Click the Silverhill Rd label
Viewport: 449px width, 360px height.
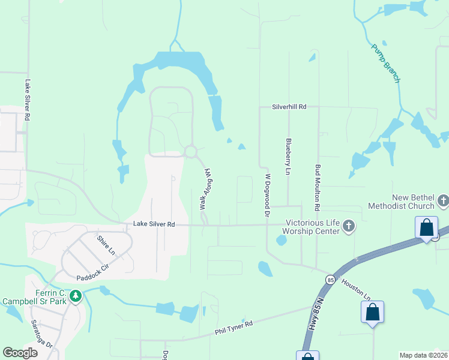click(x=289, y=107)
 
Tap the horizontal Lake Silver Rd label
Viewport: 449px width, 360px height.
click(x=154, y=224)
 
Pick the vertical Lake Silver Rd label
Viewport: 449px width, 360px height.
click(x=27, y=101)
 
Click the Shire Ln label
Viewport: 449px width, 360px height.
click(x=106, y=245)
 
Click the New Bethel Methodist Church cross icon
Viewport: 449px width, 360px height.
click(x=443, y=200)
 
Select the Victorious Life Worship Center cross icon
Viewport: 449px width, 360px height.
click(x=349, y=227)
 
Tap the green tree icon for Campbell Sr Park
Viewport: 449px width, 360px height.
click(x=75, y=296)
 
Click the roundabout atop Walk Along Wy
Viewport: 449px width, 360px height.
click(x=191, y=152)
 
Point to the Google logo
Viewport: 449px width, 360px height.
click(x=20, y=353)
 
